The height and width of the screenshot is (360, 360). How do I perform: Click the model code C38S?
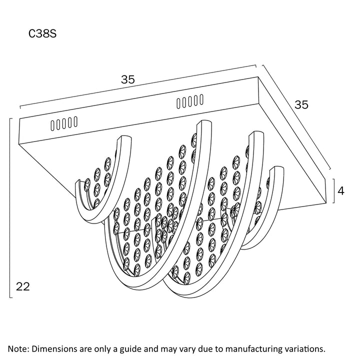click(x=44, y=34)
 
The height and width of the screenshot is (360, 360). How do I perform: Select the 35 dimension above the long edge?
click(x=128, y=79)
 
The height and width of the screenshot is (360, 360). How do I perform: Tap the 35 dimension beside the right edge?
click(x=301, y=104)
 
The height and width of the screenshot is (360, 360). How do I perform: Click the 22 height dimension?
click(x=23, y=286)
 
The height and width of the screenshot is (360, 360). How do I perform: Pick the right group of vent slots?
click(x=189, y=102)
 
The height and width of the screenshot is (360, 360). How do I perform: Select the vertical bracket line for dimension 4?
click(x=334, y=190)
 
